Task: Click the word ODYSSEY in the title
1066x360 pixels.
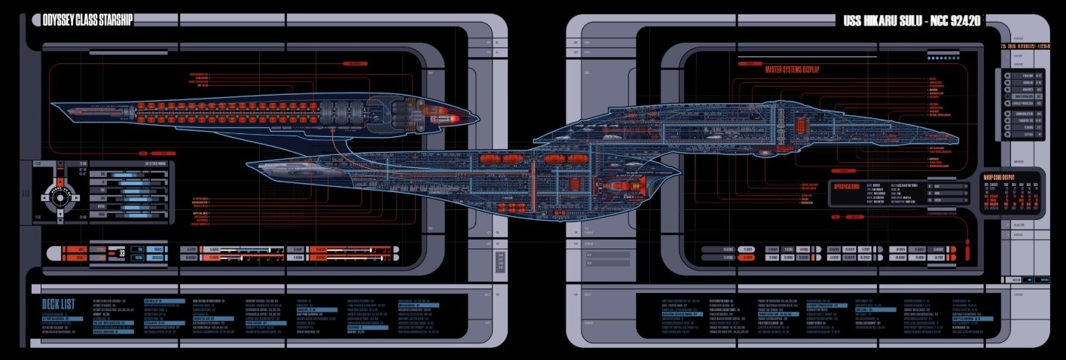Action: [x=51, y=21]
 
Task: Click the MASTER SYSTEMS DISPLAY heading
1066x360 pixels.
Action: [x=792, y=69]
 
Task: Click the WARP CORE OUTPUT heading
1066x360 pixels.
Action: [x=1003, y=178]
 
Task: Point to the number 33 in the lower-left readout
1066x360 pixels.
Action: [x=121, y=253]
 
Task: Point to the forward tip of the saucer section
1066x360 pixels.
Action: [x=957, y=138]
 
